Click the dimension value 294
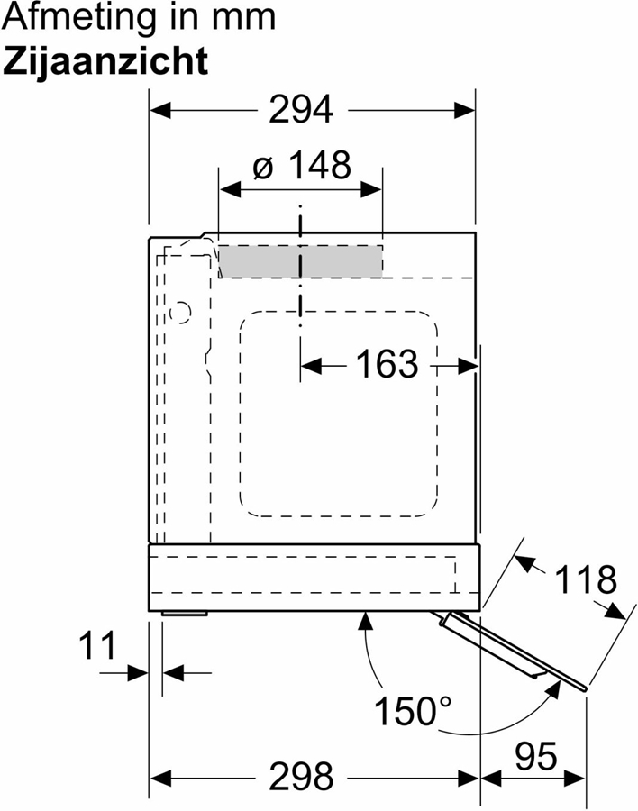301,110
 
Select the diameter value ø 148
302,165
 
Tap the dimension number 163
387,363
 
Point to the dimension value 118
586,579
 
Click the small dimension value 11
98,645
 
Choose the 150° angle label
413,711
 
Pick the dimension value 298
301,777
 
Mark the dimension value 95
536,757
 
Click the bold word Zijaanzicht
105,61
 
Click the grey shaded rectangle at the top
300,261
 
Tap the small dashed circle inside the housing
180,313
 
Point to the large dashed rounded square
339,414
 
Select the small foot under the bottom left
185,614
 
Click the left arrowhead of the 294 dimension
159,110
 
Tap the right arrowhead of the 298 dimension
469,778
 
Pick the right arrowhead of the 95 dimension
576,778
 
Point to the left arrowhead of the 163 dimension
311,367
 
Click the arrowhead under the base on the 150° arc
367,621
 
